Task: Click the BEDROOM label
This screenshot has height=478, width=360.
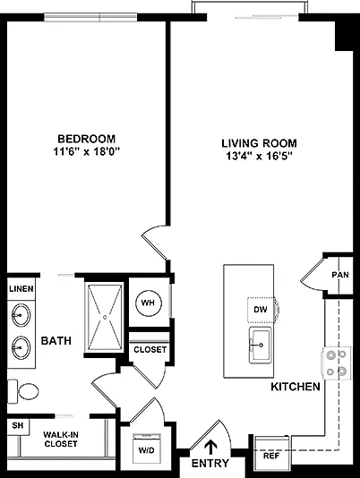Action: tap(87, 139)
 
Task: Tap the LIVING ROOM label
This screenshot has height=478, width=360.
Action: tap(259, 143)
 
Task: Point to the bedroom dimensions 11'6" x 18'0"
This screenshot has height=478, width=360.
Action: tap(87, 151)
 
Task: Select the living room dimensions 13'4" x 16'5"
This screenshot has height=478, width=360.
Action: tap(259, 156)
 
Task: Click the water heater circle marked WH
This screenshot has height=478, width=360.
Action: tap(148, 303)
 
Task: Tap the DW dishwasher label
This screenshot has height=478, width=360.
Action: tap(261, 310)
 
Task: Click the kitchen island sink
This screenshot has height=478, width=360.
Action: tap(260, 346)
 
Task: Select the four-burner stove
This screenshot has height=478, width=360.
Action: tap(336, 363)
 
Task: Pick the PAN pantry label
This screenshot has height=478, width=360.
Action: tap(340, 275)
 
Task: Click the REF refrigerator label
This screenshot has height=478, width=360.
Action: tap(271, 456)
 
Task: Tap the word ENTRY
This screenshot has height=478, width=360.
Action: tap(210, 464)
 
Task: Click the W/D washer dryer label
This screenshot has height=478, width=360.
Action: tap(147, 450)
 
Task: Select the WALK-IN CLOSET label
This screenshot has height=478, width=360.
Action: tap(61, 440)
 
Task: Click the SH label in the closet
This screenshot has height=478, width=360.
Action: tap(18, 425)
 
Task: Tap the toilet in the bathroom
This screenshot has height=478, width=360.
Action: tap(23, 392)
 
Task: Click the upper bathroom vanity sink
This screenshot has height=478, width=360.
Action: tap(21, 314)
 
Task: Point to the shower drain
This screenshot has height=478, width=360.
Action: tap(106, 318)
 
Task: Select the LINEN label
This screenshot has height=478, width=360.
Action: tap(21, 289)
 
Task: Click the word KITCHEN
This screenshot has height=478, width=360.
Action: tap(296, 387)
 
